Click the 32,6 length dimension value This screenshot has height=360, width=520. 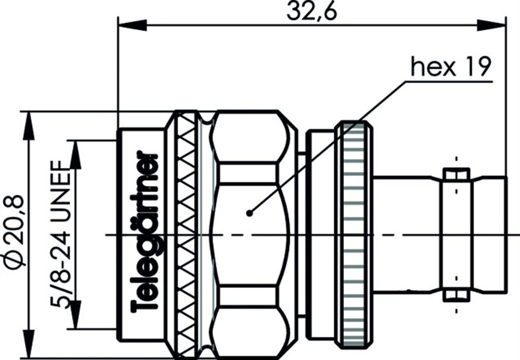[x=312, y=11]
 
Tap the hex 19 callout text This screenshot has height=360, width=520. [x=450, y=67]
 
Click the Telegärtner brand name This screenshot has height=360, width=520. [x=145, y=232]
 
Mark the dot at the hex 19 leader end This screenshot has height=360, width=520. [x=249, y=213]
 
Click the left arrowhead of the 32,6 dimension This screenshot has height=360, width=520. [x=131, y=25]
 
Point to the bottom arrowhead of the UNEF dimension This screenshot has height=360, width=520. [x=76, y=315]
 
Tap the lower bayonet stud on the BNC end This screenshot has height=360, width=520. [x=456, y=295]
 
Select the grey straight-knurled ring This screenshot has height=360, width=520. [x=354, y=234]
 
